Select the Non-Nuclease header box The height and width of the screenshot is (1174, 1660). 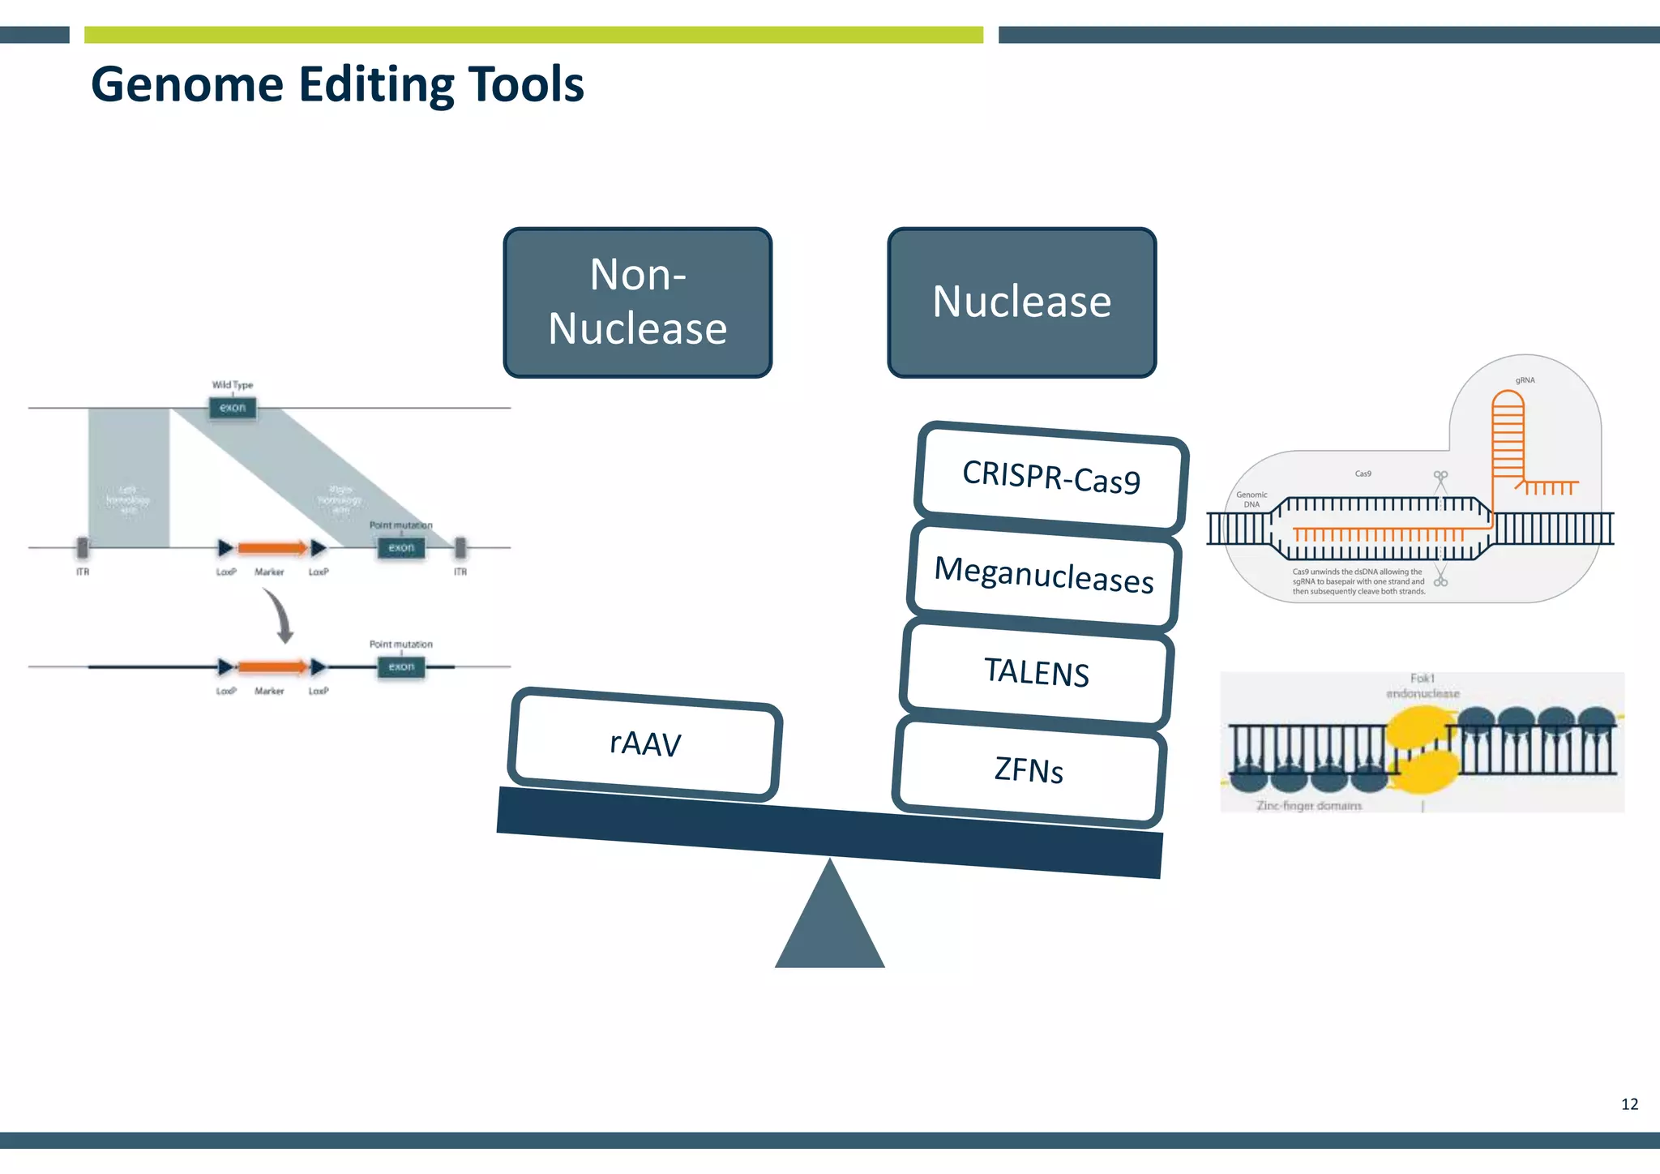coord(637,302)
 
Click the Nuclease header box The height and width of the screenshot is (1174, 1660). coord(1021,302)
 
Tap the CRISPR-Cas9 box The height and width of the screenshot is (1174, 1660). coord(1051,478)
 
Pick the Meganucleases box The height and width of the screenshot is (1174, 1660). coord(1044,575)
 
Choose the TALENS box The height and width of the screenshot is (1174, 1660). coord(1037,672)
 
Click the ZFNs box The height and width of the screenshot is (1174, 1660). coord(1029,770)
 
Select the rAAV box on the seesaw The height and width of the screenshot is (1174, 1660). coord(645,743)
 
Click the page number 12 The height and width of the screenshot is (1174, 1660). coord(1629,1104)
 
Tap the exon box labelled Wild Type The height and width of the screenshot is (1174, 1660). coord(233,408)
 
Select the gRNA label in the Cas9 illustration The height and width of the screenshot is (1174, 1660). coord(1525,380)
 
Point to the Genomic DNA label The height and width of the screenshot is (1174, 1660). coord(1251,499)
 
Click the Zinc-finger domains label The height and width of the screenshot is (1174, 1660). coord(1309,805)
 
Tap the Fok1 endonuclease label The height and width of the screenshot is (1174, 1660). coord(1423,686)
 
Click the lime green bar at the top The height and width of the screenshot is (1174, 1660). coord(533,35)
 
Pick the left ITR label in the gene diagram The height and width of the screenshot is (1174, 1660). coord(83,572)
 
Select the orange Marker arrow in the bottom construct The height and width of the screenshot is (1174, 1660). coord(272,667)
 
